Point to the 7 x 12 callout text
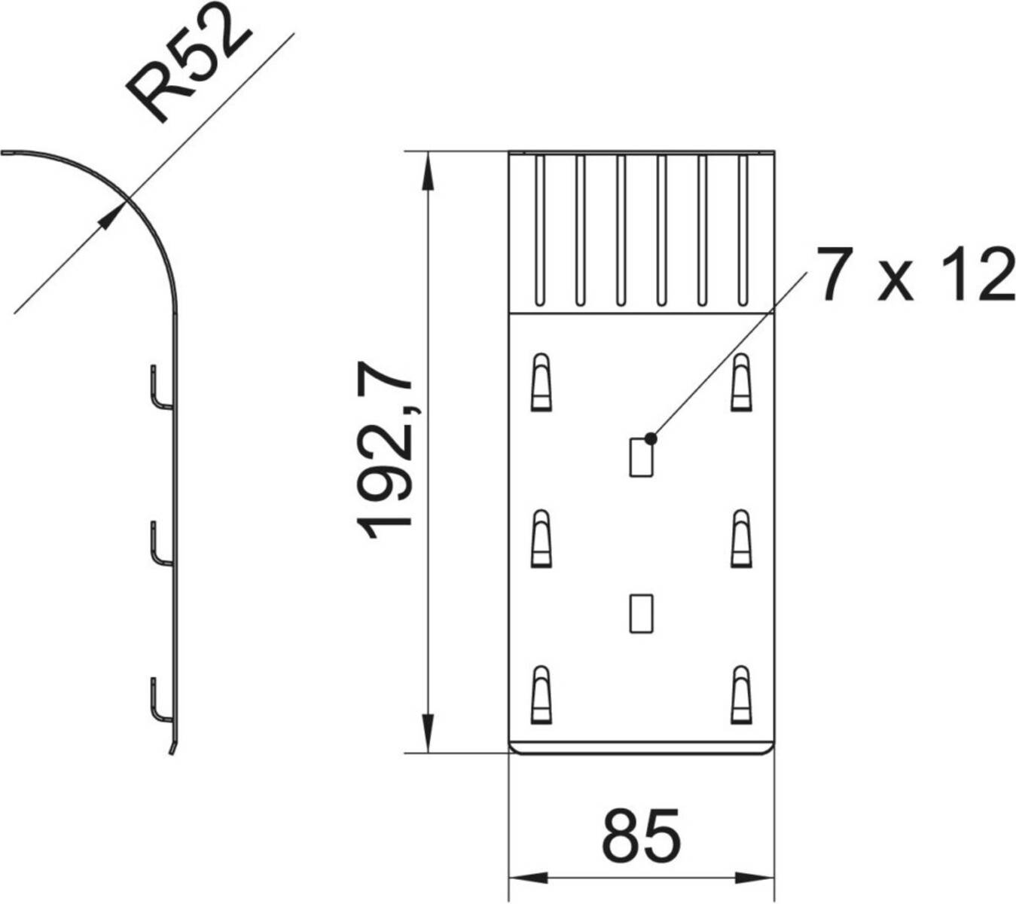pyautogui.click(x=917, y=274)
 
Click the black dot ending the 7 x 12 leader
pyautogui.click(x=651, y=438)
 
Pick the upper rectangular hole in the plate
pyautogui.click(x=641, y=457)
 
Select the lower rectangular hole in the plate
pyautogui.click(x=641, y=613)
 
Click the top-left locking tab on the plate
pyautogui.click(x=541, y=382)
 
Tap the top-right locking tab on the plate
pyautogui.click(x=741, y=382)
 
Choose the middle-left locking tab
pyautogui.click(x=541, y=539)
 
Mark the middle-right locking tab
pyautogui.click(x=741, y=539)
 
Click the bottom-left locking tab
pyautogui.click(x=541, y=695)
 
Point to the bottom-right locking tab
pyautogui.click(x=741, y=695)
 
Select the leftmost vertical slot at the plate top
pyautogui.click(x=539, y=231)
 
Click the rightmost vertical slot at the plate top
pyautogui.click(x=743, y=231)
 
